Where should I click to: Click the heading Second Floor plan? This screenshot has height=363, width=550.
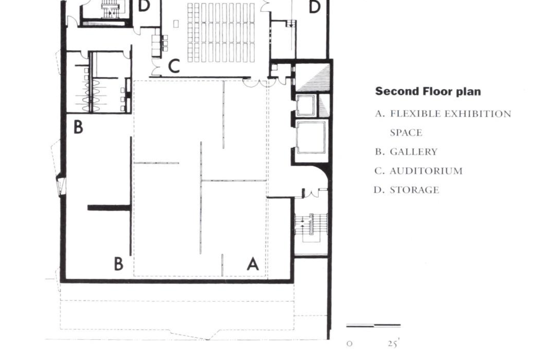(428, 92)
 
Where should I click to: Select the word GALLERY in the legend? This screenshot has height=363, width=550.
(414, 152)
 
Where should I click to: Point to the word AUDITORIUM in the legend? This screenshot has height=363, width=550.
(426, 171)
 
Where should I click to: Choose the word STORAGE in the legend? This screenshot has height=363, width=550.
(414, 190)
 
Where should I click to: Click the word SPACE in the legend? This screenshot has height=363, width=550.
(406, 133)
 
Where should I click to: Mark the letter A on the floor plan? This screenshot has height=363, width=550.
(253, 264)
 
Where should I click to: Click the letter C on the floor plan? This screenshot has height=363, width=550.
(174, 66)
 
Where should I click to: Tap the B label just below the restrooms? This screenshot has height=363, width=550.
(78, 127)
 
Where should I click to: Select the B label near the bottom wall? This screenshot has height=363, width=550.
(119, 264)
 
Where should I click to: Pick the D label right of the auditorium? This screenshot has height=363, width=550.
(315, 7)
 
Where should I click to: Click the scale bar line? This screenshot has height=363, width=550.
(373, 325)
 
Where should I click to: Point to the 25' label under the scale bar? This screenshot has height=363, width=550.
(394, 343)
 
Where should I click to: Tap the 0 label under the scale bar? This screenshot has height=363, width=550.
(349, 344)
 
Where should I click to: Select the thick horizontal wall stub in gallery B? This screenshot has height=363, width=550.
(109, 208)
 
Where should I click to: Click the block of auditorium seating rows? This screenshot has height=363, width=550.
(221, 33)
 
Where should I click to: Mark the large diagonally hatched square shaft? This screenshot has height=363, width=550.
(313, 77)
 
